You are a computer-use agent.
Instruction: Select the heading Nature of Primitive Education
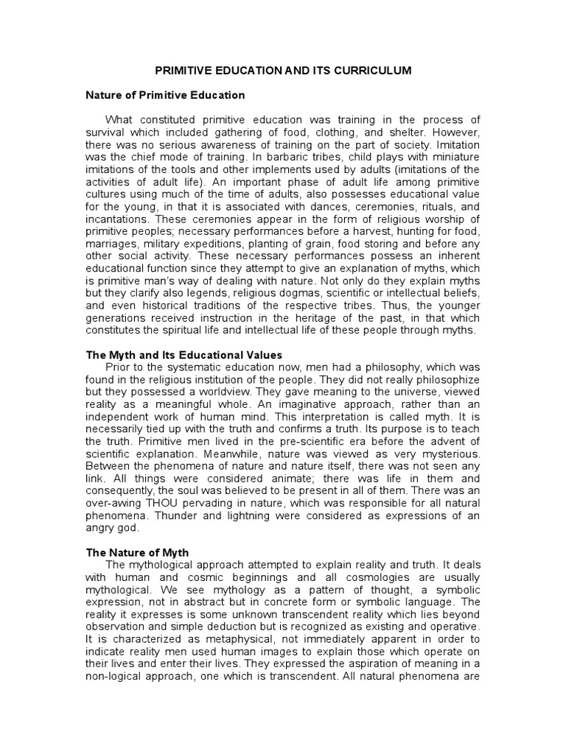(x=166, y=95)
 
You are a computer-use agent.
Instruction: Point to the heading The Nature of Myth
(x=138, y=552)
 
